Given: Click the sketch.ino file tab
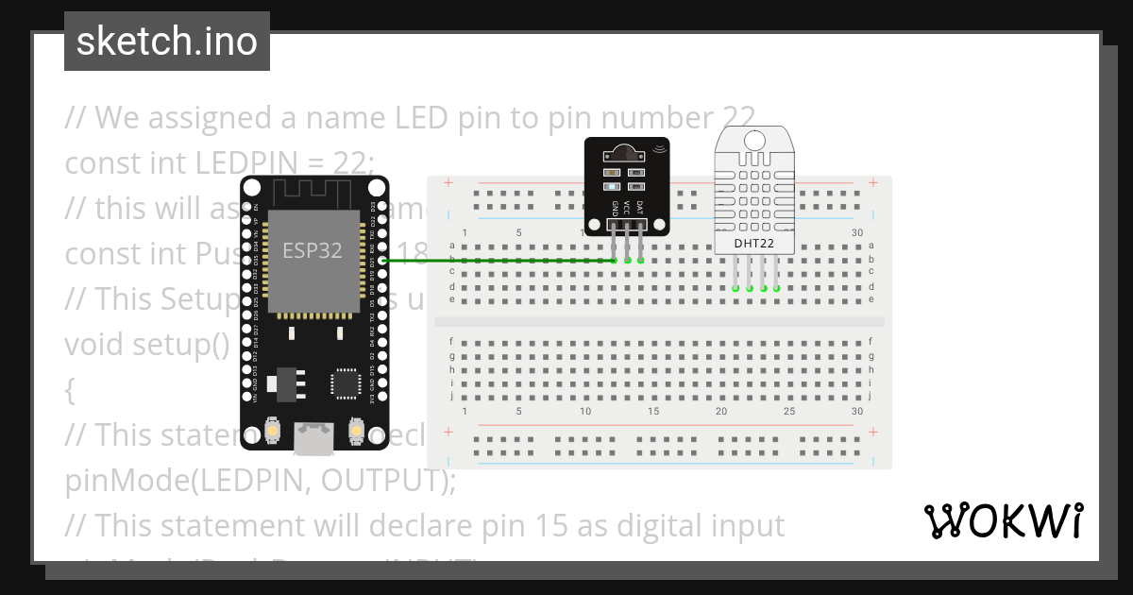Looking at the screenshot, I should pyautogui.click(x=166, y=42).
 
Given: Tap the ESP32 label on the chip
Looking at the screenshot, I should pyautogui.click(x=312, y=250).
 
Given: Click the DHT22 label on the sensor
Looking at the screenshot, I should pyautogui.click(x=755, y=244).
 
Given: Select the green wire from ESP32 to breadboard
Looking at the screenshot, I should pyautogui.click(x=500, y=260).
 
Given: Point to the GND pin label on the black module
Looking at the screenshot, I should pyautogui.click(x=615, y=208).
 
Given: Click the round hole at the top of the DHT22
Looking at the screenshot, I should pyautogui.click(x=755, y=139).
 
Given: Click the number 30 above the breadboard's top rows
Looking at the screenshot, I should pyautogui.click(x=856, y=232).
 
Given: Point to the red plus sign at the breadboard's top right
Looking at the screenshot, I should pyautogui.click(x=874, y=182).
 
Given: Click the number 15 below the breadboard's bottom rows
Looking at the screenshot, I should pyautogui.click(x=653, y=411).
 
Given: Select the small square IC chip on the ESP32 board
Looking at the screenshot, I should pyautogui.click(x=344, y=382).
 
